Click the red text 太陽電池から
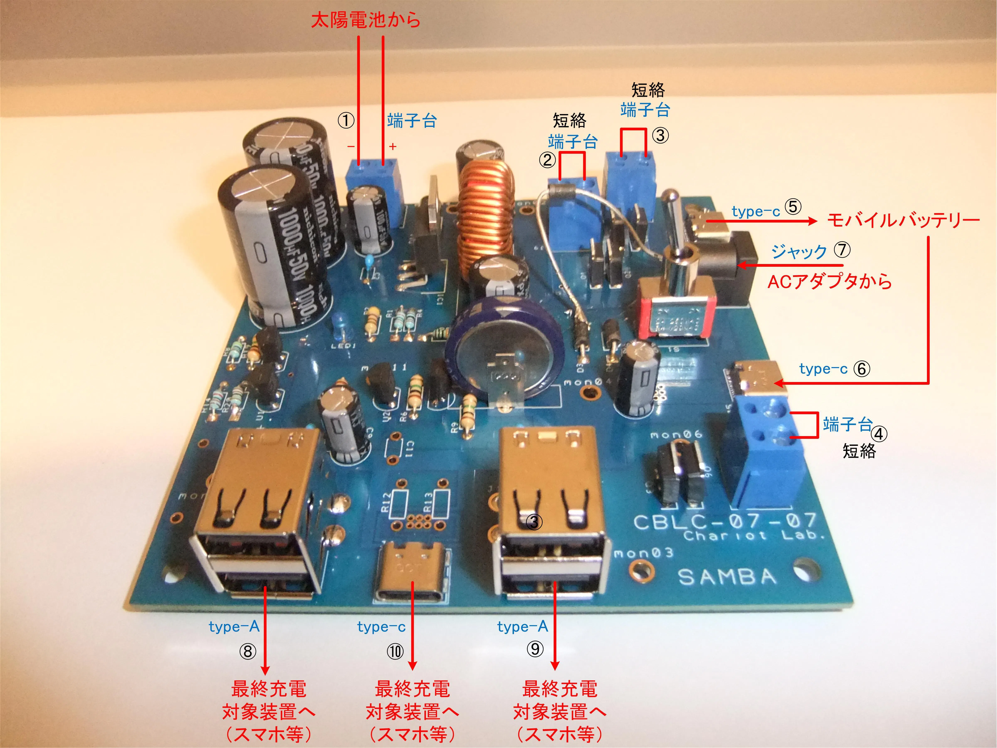coord(366,20)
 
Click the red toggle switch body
coord(677,311)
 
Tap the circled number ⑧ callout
coord(247,651)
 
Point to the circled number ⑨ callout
coord(535,649)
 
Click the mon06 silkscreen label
coord(676,434)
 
